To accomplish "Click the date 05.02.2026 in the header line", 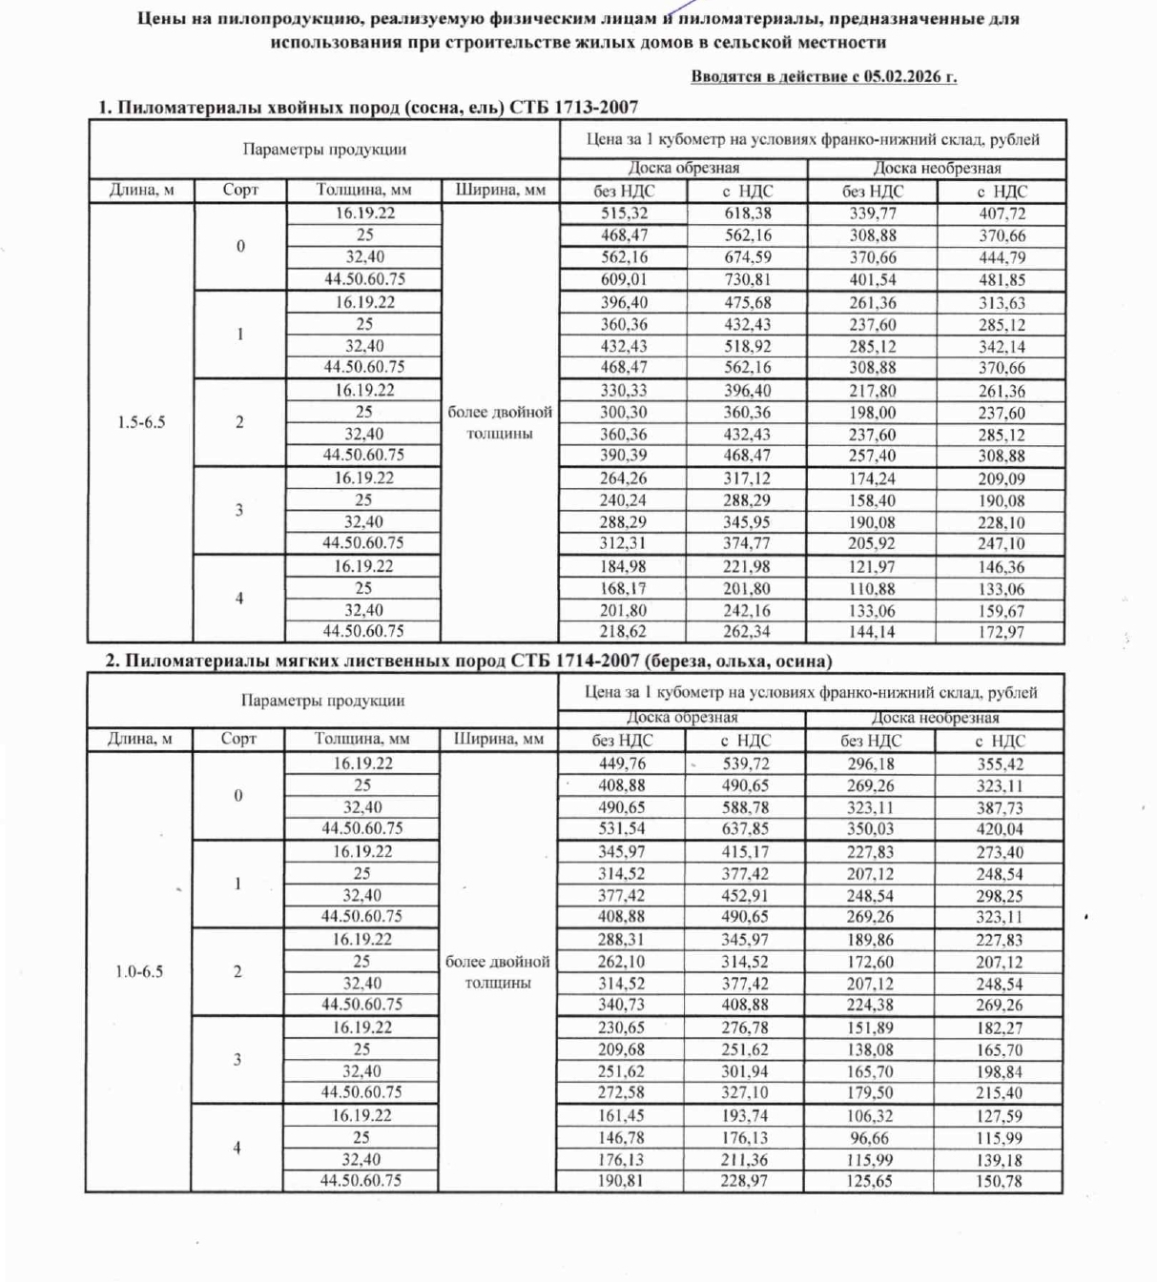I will [x=903, y=77].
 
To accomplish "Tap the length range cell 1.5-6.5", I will [x=141, y=422].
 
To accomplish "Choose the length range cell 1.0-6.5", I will [x=139, y=972].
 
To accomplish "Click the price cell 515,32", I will [x=624, y=214].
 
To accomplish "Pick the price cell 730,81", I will [x=747, y=279].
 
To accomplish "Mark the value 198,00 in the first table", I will [x=873, y=413].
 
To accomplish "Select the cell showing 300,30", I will [x=624, y=413].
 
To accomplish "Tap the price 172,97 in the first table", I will [x=1001, y=631].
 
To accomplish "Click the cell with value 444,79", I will [x=1002, y=257].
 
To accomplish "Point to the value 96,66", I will [x=870, y=1138].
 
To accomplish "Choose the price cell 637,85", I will [x=745, y=828].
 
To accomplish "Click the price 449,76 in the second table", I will [x=622, y=763].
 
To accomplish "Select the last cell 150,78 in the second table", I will [x=999, y=1181].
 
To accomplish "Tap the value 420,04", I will [x=1000, y=828].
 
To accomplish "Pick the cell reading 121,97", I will [x=872, y=566].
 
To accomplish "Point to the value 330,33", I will [x=624, y=391].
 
